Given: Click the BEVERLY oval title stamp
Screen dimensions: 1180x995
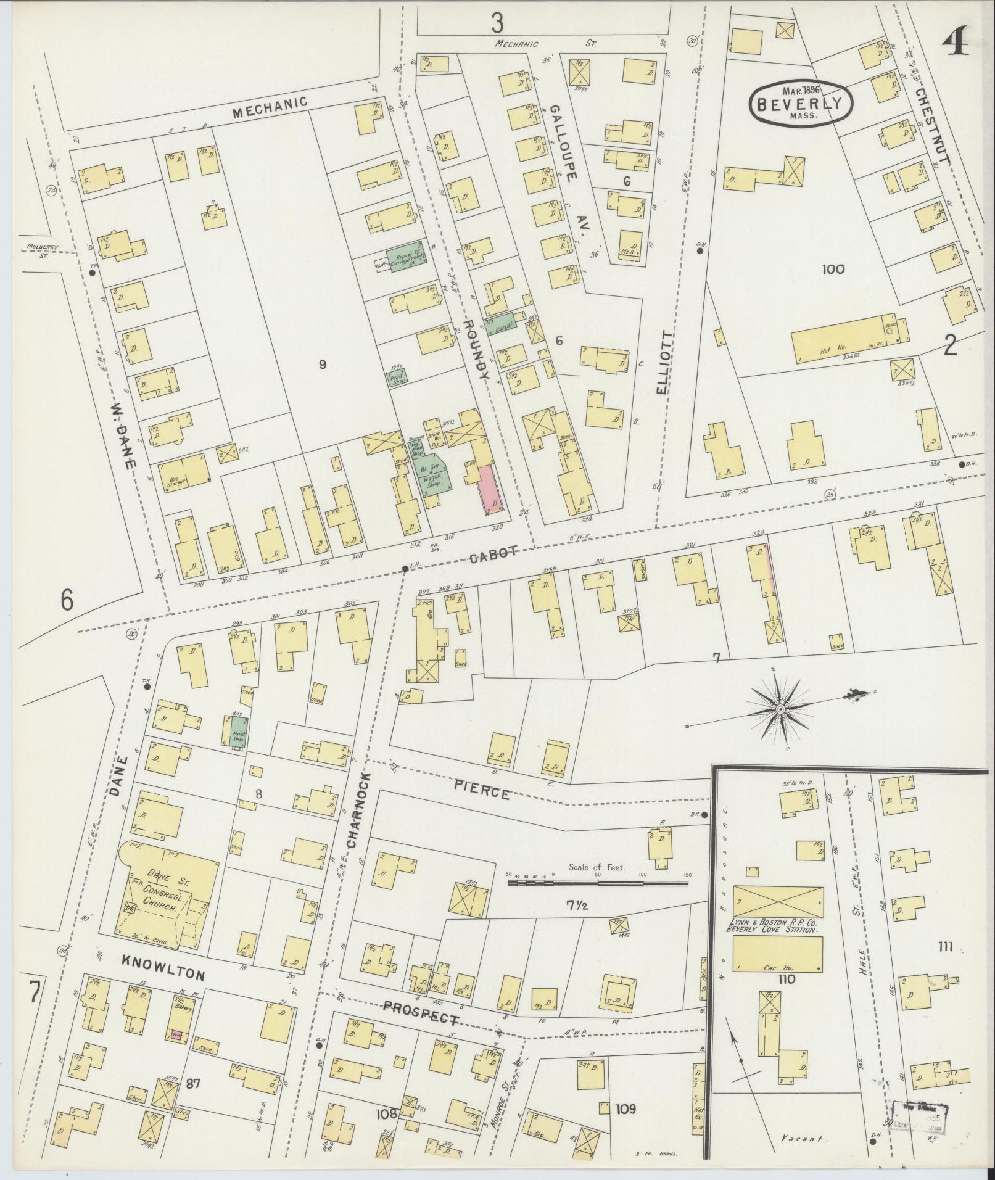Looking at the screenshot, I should (800, 103).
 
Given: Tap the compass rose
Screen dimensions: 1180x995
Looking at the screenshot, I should (780, 709).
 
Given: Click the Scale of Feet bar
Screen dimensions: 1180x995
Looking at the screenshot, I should (597, 883).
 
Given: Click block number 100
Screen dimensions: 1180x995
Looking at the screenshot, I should (833, 269).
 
